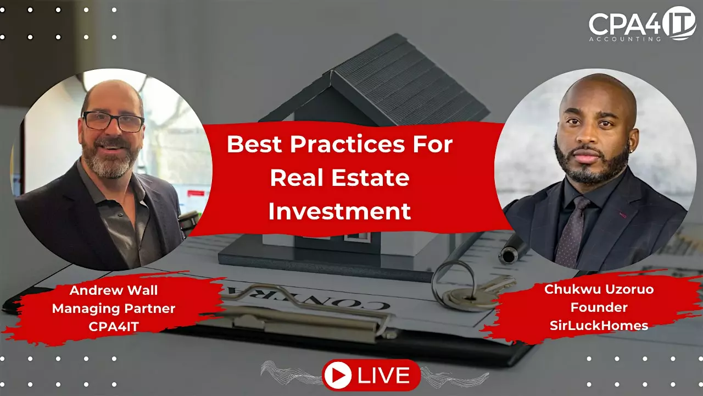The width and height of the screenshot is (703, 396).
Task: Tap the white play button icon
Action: click(x=338, y=375)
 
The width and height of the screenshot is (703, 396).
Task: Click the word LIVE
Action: click(x=383, y=375)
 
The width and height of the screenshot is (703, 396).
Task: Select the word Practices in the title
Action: click(x=347, y=144)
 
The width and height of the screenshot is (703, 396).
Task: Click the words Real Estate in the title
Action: click(x=340, y=178)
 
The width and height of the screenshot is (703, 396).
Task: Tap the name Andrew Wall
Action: click(x=114, y=290)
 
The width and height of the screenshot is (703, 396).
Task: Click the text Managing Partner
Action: click(x=114, y=309)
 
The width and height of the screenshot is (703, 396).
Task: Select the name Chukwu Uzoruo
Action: click(x=599, y=289)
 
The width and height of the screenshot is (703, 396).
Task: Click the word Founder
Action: click(x=599, y=307)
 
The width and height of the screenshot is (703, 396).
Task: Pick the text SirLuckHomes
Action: click(x=599, y=325)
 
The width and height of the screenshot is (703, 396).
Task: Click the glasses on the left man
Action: click(x=113, y=122)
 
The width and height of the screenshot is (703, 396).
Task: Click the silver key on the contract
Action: click(x=479, y=293)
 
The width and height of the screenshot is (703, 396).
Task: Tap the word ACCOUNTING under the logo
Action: click(x=625, y=39)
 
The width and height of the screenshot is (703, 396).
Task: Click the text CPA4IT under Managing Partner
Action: click(x=114, y=327)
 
